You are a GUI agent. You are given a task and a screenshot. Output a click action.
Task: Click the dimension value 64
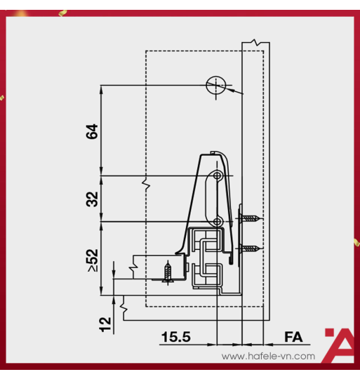92,131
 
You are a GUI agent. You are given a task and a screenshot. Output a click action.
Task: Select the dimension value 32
92,199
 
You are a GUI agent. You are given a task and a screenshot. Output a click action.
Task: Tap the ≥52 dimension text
92,260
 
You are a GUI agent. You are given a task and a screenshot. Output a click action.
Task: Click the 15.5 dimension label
175,338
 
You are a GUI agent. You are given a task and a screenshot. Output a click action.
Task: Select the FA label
293,338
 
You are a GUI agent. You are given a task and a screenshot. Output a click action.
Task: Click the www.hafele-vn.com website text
268,357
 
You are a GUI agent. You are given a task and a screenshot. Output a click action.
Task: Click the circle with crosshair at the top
215,86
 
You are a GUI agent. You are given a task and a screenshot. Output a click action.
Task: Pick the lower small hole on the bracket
218,222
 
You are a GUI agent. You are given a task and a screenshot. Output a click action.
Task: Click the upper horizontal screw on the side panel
251,218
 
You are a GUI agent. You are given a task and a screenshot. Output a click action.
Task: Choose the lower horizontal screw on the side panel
251,248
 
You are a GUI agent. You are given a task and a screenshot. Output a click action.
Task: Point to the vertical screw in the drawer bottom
167,272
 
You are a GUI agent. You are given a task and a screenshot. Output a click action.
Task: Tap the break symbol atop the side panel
255,43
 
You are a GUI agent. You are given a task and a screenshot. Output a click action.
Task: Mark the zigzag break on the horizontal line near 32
145,186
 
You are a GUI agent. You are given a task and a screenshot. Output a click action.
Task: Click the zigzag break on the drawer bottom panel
132,267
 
